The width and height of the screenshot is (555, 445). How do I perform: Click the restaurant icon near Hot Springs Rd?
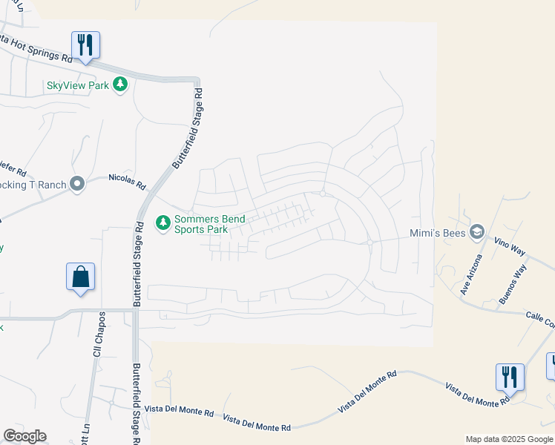[x=86, y=45]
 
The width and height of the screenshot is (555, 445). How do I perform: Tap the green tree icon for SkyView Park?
[x=120, y=85]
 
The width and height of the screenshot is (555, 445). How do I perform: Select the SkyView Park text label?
[x=78, y=85]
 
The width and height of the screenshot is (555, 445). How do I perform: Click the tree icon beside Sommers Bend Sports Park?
[x=162, y=222]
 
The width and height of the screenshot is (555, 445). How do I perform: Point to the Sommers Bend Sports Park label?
[x=209, y=224]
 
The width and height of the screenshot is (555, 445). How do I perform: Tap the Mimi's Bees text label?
[x=438, y=232]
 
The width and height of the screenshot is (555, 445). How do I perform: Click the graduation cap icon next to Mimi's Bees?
[x=477, y=232]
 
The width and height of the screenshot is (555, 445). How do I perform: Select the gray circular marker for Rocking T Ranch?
[x=77, y=185]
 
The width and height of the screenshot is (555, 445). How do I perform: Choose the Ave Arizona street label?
[x=470, y=275]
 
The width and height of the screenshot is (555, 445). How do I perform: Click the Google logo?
[x=24, y=436]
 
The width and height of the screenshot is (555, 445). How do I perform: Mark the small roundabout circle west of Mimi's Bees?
[x=370, y=242]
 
